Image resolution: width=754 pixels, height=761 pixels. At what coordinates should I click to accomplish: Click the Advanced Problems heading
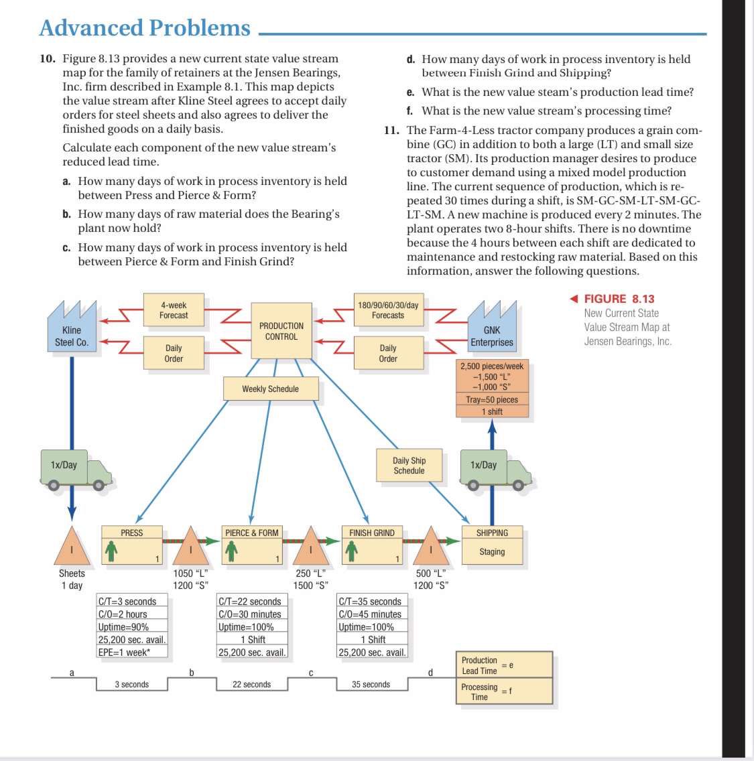tap(145, 27)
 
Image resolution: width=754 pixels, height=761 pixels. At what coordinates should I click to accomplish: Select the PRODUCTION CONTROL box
tap(281, 331)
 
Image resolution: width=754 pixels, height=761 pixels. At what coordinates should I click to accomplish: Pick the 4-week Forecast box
tap(174, 310)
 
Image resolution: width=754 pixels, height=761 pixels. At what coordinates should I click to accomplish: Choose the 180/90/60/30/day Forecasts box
tap(388, 310)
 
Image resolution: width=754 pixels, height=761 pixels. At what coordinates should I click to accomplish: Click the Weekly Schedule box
tap(270, 389)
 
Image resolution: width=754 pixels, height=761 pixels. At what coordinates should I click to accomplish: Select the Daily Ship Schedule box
tap(409, 466)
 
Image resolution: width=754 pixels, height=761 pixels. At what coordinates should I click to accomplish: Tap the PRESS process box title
tap(132, 533)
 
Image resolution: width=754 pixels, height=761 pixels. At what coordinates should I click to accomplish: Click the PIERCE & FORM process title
tap(251, 533)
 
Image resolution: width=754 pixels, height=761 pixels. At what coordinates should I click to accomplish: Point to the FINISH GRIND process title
tap(372, 533)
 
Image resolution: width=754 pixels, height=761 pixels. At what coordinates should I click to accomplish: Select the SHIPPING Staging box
tap(492, 543)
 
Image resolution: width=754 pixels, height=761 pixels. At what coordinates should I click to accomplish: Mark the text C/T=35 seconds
tap(370, 602)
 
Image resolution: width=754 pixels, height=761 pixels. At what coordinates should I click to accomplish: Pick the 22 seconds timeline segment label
tap(251, 684)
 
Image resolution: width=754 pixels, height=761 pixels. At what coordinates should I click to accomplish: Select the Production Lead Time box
tap(505, 665)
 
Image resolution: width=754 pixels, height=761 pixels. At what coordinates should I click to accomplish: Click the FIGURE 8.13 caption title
tap(619, 299)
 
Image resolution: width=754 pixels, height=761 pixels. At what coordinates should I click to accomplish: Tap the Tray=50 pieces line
tap(492, 399)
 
